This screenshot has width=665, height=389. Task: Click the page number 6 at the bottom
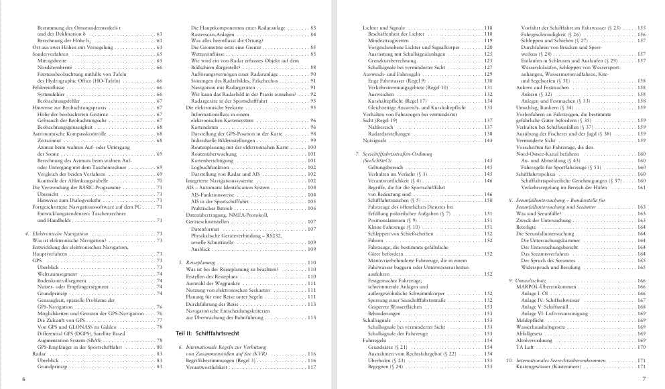pos(23,380)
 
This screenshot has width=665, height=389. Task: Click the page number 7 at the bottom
pos(642,380)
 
